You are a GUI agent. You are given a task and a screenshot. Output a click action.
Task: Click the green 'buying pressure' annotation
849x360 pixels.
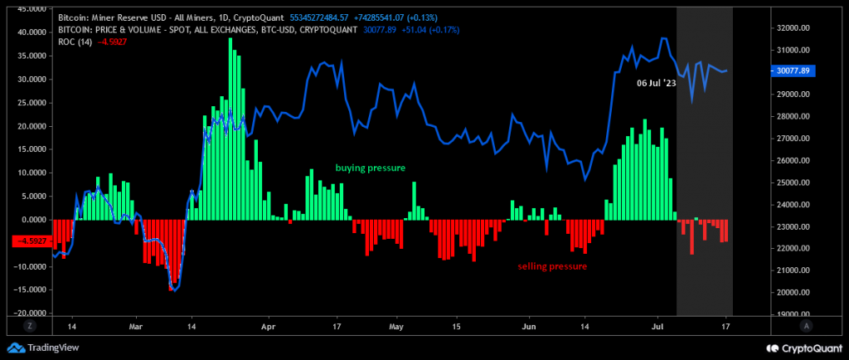pyautogui.click(x=370, y=168)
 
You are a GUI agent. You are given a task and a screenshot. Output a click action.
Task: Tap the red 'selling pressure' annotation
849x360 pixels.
pyautogui.click(x=552, y=266)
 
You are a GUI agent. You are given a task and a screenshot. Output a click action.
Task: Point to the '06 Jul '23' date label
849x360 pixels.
pyautogui.click(x=656, y=84)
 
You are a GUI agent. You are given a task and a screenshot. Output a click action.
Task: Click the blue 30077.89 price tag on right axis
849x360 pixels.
pyautogui.click(x=793, y=71)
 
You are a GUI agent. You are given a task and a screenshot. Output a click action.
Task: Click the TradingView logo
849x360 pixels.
pyautogui.click(x=38, y=348)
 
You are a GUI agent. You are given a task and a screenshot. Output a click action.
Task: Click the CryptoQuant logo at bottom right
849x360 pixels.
pyautogui.click(x=801, y=348)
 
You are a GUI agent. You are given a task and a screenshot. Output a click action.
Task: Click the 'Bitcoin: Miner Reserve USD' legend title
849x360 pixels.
pyautogui.click(x=108, y=17)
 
